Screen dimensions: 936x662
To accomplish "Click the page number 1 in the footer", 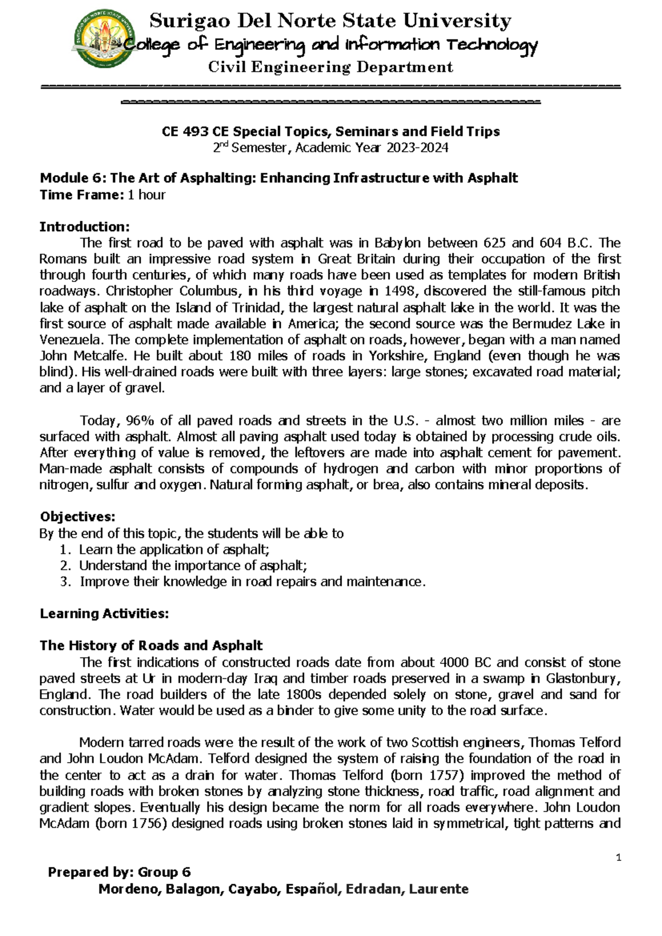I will coord(619,857).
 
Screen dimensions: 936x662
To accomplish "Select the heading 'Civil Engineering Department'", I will coord(330,67).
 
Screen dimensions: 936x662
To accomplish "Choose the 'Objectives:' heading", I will coord(77,517).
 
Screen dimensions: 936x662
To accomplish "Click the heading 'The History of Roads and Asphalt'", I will coord(151,646).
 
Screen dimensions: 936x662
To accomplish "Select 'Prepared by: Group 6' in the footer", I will coord(119,873).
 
